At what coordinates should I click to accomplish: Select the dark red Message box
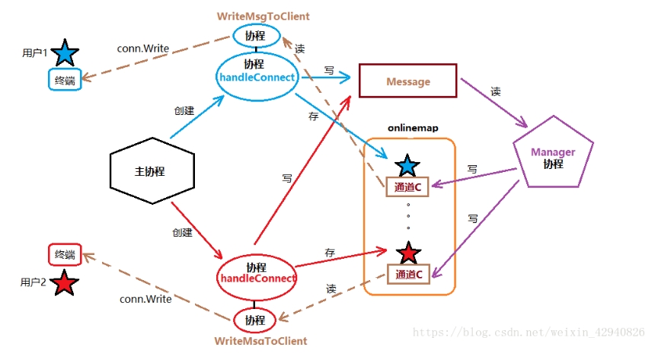(408, 81)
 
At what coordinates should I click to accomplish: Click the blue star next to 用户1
(65, 53)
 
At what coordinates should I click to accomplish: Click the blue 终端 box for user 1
(65, 79)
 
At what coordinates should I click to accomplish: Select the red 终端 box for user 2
(65, 254)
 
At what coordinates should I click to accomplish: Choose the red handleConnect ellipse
(257, 273)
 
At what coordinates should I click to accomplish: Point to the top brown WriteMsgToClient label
(264, 16)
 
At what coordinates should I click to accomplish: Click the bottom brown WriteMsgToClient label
(260, 341)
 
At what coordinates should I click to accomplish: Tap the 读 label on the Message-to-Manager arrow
(496, 91)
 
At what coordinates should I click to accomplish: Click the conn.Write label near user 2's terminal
(145, 299)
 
